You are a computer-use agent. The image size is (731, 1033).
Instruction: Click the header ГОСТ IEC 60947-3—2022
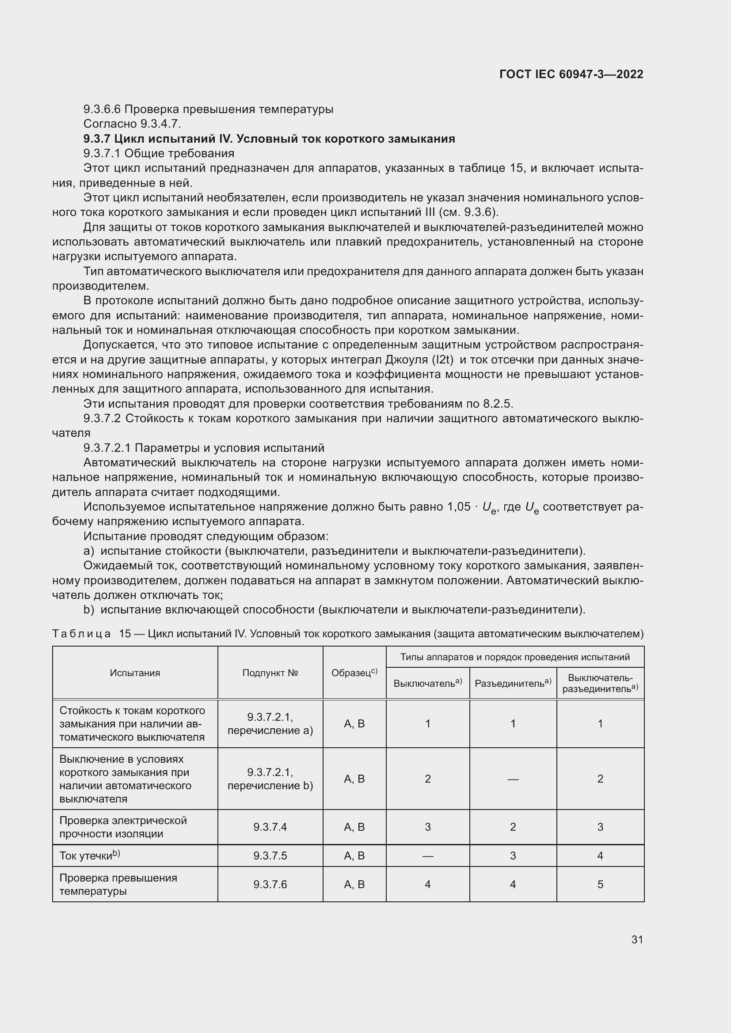pos(571,74)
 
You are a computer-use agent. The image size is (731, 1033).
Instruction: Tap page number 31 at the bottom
pos(637,939)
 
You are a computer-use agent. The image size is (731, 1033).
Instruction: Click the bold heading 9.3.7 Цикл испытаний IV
pos(269,139)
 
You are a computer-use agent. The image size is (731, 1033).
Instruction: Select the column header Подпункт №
pos(270,673)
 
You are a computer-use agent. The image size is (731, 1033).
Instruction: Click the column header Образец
pos(354,673)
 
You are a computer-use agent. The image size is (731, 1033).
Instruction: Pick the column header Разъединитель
pos(513,683)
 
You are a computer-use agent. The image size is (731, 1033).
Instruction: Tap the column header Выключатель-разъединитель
pos(600,682)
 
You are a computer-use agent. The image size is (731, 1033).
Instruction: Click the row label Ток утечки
pos(89,856)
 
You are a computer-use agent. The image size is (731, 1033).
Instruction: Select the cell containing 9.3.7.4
pos(270,827)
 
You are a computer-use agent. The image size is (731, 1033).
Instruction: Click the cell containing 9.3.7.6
pos(270,885)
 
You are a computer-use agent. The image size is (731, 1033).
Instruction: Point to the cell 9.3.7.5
pos(270,856)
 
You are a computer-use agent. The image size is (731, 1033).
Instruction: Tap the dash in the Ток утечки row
pos(428,856)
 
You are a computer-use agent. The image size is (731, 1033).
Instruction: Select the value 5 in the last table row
pos(600,885)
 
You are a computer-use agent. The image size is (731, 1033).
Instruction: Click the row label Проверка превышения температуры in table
pos(118,885)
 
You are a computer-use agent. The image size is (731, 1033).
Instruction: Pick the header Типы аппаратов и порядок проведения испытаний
pos(514,657)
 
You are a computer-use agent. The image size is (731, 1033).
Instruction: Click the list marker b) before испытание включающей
pos(89,609)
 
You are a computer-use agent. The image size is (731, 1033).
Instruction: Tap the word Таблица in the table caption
pos(81,634)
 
